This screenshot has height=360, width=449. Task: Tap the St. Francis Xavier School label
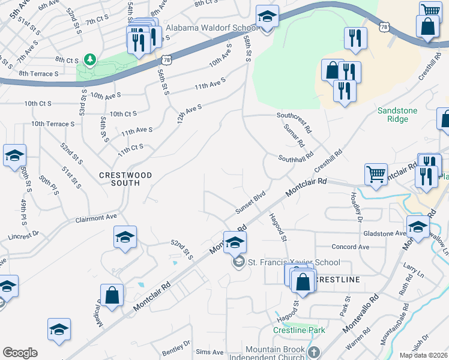293,262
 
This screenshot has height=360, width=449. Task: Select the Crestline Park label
299,330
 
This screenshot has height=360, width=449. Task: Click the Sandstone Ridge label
401,115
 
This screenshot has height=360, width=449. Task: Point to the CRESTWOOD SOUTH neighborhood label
125,179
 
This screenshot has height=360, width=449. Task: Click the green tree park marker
90,59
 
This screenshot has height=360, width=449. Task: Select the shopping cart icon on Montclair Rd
376,174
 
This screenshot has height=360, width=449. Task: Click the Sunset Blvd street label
250,203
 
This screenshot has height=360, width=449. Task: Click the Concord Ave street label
351,247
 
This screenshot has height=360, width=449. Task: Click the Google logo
20,353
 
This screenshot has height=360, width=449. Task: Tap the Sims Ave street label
209,352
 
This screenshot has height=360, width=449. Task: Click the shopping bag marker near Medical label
112,295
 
